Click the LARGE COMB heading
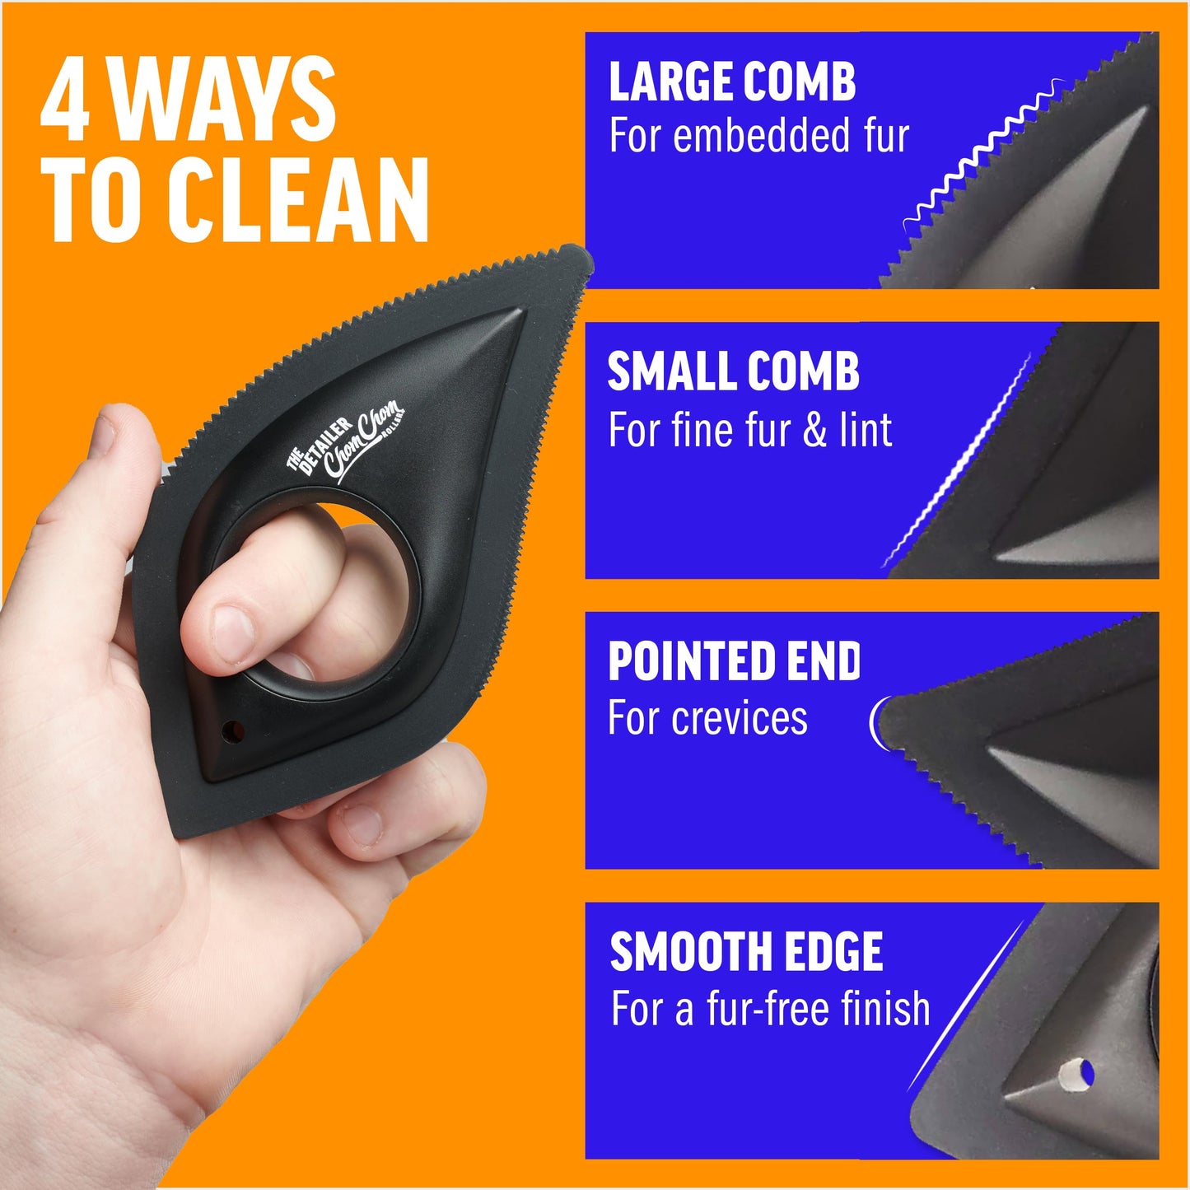[732, 82]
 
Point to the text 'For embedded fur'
[758, 136]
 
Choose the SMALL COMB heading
[733, 372]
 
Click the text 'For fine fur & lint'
[749, 430]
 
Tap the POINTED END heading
[734, 662]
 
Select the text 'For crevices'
[707, 718]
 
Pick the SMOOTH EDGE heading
[746, 952]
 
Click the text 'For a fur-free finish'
[770, 1009]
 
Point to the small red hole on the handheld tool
[232, 730]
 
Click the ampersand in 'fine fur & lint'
[814, 431]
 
